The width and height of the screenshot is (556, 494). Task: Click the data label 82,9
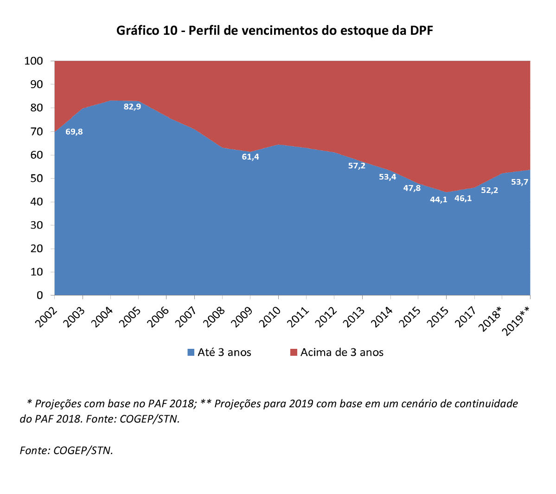tap(132, 107)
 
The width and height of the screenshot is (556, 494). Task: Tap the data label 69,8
tap(74, 132)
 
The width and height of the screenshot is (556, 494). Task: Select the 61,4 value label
tap(250, 157)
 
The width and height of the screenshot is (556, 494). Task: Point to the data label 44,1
tap(439, 199)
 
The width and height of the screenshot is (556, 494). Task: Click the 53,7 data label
tap(519, 182)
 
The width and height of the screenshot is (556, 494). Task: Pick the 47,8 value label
tap(412, 188)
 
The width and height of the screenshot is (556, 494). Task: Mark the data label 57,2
tap(357, 166)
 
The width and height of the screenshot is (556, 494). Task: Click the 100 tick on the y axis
tap(33, 61)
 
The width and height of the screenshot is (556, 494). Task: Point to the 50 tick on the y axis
tap(37, 179)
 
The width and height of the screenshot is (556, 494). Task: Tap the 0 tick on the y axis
tap(40, 295)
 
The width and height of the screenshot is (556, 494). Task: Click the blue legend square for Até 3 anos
tap(191, 353)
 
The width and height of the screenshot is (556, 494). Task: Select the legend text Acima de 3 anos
tap(342, 353)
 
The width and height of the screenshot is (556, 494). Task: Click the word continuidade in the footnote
tap(486, 404)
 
